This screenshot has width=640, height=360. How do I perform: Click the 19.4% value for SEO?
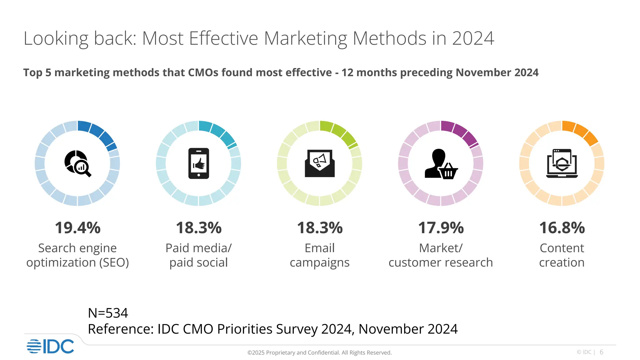tap(77, 228)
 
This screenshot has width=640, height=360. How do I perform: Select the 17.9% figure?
tap(441, 228)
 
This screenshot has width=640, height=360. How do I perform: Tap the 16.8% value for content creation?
tap(562, 228)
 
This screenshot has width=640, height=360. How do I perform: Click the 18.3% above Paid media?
tap(198, 228)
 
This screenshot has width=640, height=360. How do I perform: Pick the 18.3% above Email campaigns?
tap(320, 228)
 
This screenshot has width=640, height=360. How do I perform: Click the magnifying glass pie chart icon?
tap(77, 163)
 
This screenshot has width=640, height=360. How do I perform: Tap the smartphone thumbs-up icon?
tap(198, 163)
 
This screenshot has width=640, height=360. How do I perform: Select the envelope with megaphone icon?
tap(320, 163)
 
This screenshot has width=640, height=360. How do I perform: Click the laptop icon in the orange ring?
tap(562, 163)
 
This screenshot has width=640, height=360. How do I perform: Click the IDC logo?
tap(50, 346)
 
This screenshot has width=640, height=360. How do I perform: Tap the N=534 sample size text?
tap(108, 313)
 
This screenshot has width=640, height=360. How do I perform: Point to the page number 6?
tap(601, 352)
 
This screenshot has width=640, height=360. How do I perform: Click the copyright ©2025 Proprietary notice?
tap(319, 352)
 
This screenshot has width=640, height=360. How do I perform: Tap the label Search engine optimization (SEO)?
tap(77, 255)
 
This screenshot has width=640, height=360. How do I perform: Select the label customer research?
tap(441, 262)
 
